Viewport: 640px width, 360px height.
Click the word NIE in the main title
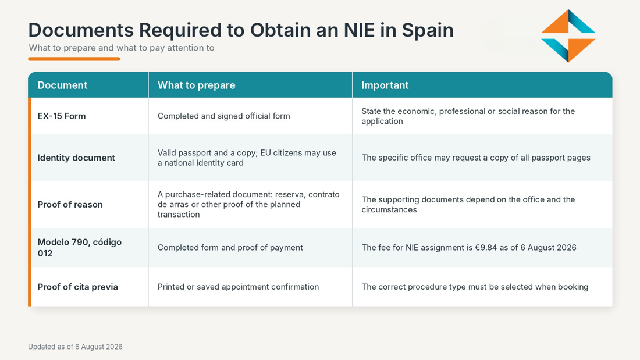pyautogui.click(x=359, y=30)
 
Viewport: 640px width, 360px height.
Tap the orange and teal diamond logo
pyautogui.click(x=568, y=36)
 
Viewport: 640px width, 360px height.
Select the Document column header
pyautogui.click(x=62, y=85)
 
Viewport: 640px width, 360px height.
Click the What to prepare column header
pyautogui.click(x=196, y=85)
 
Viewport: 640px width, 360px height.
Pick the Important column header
pyautogui.click(x=385, y=85)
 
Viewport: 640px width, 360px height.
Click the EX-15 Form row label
pyautogui.click(x=62, y=116)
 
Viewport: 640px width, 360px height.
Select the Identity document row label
pyautogui.click(x=76, y=158)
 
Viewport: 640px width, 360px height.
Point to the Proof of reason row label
pyautogui.click(x=70, y=205)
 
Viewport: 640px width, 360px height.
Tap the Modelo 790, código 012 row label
pyautogui.click(x=80, y=247)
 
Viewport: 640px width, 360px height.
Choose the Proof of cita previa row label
pyautogui.click(x=77, y=287)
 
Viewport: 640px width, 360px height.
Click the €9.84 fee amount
pyautogui.click(x=486, y=247)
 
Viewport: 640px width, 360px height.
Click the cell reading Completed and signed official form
pyautogui.click(x=223, y=116)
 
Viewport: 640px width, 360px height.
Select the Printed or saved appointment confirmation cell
pyautogui.click(x=238, y=287)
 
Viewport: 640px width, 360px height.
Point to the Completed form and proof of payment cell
pyautogui.click(x=230, y=247)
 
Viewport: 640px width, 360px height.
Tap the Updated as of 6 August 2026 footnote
pyautogui.click(x=75, y=347)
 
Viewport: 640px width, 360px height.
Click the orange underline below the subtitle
pyautogui.click(x=74, y=59)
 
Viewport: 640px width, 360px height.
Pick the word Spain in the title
pyautogui.click(x=428, y=31)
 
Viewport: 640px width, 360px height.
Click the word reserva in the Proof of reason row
pyautogui.click(x=292, y=194)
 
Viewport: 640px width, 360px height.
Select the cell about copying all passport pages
pyautogui.click(x=476, y=158)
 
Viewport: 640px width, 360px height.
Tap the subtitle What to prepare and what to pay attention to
pyautogui.click(x=121, y=48)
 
